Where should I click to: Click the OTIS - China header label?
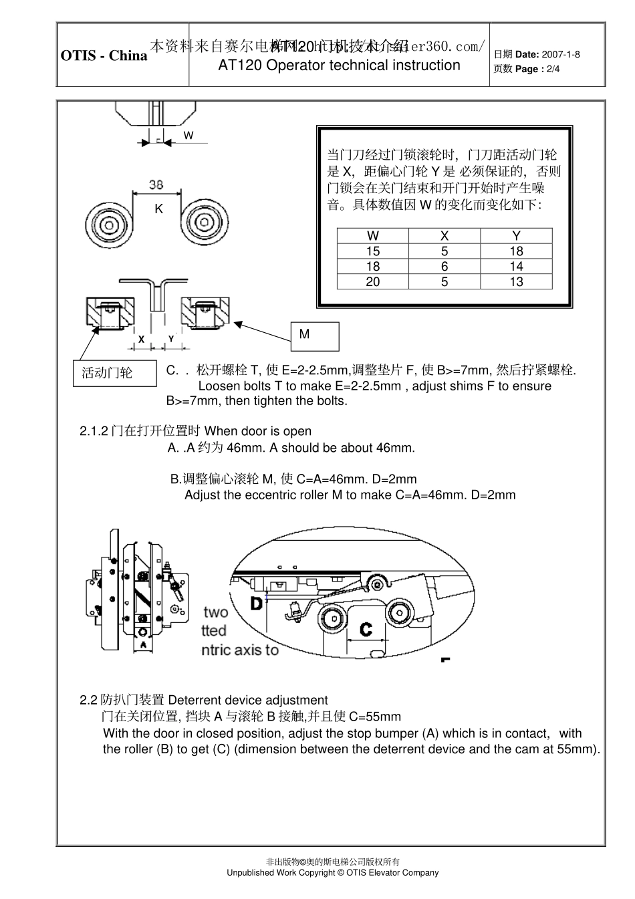[x=104, y=55]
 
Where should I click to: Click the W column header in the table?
[x=372, y=235]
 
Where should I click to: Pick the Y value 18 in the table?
[x=516, y=251]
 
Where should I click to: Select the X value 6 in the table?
[x=444, y=266]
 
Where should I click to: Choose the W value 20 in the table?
[x=372, y=281]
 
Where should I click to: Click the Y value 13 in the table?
[x=516, y=281]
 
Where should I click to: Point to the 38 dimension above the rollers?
[x=156, y=185]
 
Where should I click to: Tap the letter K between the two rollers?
[x=158, y=209]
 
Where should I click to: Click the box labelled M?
[x=315, y=336]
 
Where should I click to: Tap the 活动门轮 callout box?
[x=114, y=373]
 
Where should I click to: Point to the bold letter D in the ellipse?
[x=257, y=604]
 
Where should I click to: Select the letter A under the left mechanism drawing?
[x=142, y=645]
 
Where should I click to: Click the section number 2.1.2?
[x=94, y=431]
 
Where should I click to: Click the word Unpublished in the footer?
[x=251, y=872]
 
